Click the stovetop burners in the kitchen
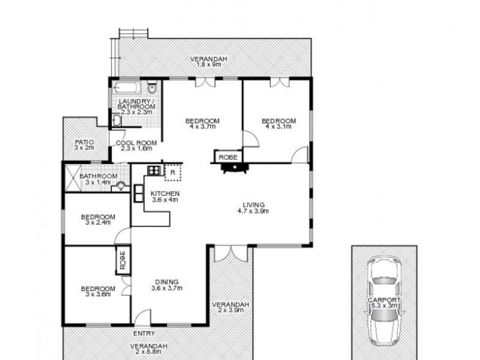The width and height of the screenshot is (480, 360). pos(154,170)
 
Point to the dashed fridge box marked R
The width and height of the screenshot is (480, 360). pos(173,172)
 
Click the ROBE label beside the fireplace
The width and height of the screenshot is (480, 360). pos(228,157)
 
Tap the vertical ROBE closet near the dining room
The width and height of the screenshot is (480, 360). pos(122,260)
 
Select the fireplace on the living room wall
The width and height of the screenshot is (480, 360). pos(233,169)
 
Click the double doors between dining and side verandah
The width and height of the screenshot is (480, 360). pos(230,253)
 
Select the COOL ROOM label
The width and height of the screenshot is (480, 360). pos(137,143)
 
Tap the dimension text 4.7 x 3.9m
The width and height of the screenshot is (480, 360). pos(253,211)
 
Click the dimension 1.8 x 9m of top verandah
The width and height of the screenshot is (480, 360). pos(209,64)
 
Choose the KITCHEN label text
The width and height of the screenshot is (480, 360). pos(164,193)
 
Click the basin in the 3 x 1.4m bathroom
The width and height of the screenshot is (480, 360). pos(122,186)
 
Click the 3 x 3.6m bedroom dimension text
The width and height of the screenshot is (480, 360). pos(97,295)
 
